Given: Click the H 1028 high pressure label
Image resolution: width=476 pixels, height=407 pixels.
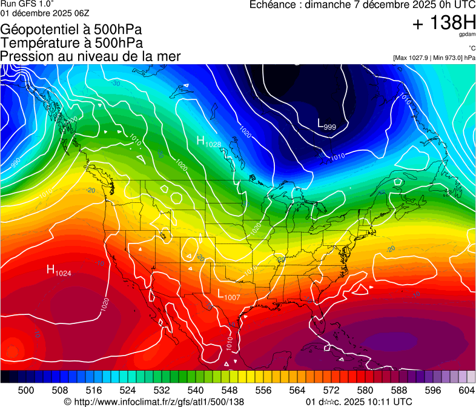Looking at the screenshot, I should (208, 142).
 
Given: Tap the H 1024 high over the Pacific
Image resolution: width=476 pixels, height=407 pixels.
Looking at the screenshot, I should (59, 271).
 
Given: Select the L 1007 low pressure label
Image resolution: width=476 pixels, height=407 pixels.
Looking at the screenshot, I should (228, 295).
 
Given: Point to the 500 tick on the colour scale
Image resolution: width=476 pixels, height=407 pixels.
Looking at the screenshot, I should (26, 390).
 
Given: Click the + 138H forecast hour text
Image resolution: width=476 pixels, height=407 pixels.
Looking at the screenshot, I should (444, 23).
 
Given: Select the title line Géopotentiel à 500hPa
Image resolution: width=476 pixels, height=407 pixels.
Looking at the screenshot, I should (71, 30).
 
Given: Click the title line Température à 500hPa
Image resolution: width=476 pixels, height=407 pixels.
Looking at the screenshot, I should (71, 43).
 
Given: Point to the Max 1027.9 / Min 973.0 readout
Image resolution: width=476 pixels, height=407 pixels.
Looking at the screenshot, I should (434, 58).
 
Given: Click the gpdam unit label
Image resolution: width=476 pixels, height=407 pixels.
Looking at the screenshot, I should (467, 35).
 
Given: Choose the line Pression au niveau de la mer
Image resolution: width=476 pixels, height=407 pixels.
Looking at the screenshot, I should (90, 56).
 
